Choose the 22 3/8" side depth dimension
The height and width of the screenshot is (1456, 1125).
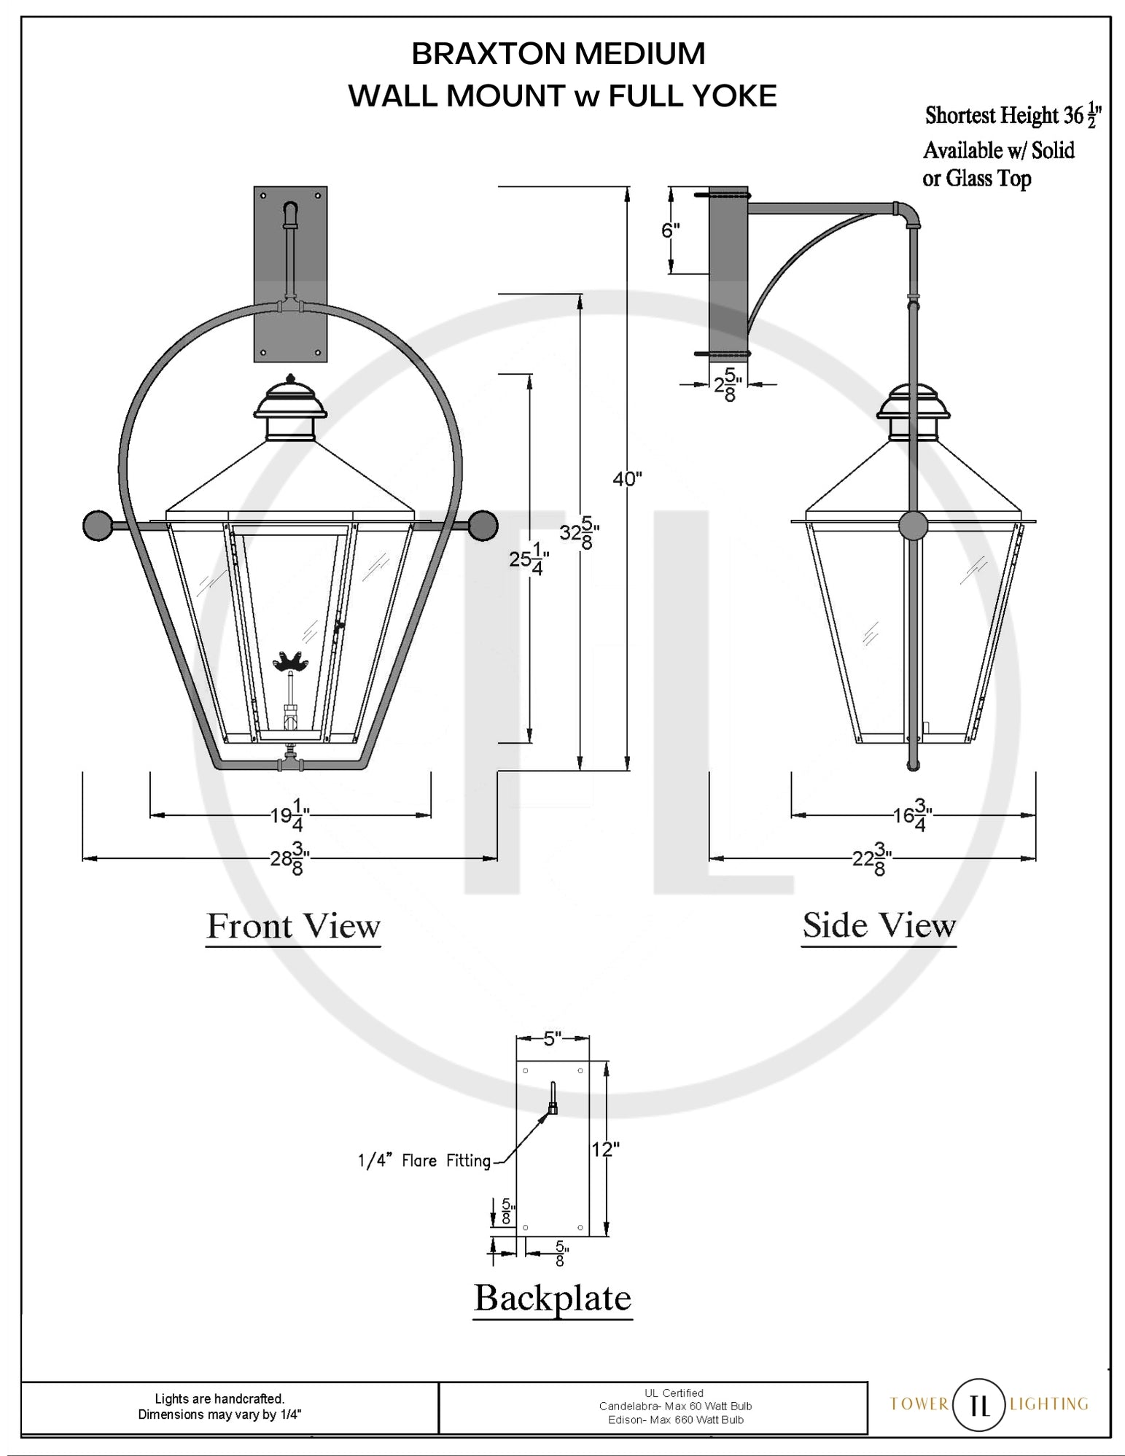873,858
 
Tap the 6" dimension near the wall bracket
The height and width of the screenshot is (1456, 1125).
670,230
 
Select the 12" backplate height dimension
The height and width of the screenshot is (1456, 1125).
605,1149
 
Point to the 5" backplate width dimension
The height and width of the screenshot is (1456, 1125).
553,1038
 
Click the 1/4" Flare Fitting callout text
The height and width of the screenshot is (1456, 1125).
424,1161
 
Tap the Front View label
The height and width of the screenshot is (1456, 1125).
293,926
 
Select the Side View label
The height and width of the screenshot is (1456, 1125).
879,925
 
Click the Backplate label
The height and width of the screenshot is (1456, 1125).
553,1298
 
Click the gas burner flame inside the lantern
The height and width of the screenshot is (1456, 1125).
291,661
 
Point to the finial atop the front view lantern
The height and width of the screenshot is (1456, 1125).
290,378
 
